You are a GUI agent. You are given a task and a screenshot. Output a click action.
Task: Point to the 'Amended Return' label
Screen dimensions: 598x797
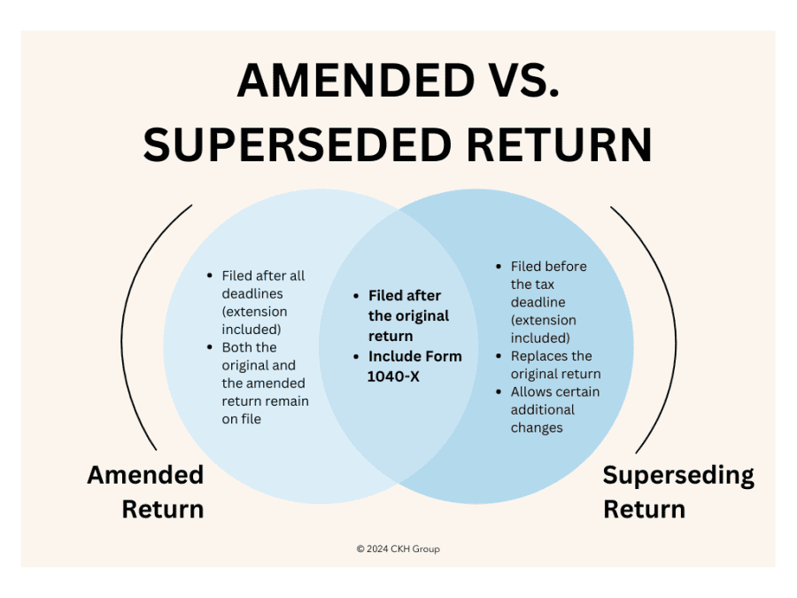tap(145, 492)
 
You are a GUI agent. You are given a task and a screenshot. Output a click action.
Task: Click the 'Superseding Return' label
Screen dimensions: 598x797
tap(678, 492)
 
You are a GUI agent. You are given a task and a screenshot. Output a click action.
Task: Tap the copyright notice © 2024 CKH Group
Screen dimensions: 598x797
tap(398, 549)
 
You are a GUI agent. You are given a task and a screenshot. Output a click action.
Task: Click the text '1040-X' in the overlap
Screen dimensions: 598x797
tap(393, 376)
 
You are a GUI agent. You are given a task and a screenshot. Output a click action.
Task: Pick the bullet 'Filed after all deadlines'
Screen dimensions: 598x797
tap(263, 284)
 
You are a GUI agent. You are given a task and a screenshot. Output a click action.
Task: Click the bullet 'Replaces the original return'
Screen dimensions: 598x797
tap(555, 365)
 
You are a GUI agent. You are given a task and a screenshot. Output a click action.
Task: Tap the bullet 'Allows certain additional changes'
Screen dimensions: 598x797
tap(554, 409)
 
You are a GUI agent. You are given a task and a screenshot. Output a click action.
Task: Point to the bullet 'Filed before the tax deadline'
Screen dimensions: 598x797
tap(546, 283)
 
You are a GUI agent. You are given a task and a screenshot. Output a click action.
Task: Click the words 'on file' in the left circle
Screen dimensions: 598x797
tap(242, 419)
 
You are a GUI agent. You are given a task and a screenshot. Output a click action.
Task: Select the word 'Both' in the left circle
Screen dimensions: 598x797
tap(237, 347)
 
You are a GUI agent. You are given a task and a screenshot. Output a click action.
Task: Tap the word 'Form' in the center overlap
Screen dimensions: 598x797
tap(441, 356)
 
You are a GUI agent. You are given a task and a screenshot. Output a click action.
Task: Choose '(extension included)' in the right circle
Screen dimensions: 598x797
tap(543, 329)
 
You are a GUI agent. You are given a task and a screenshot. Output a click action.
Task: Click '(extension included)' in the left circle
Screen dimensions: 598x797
tap(254, 320)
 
